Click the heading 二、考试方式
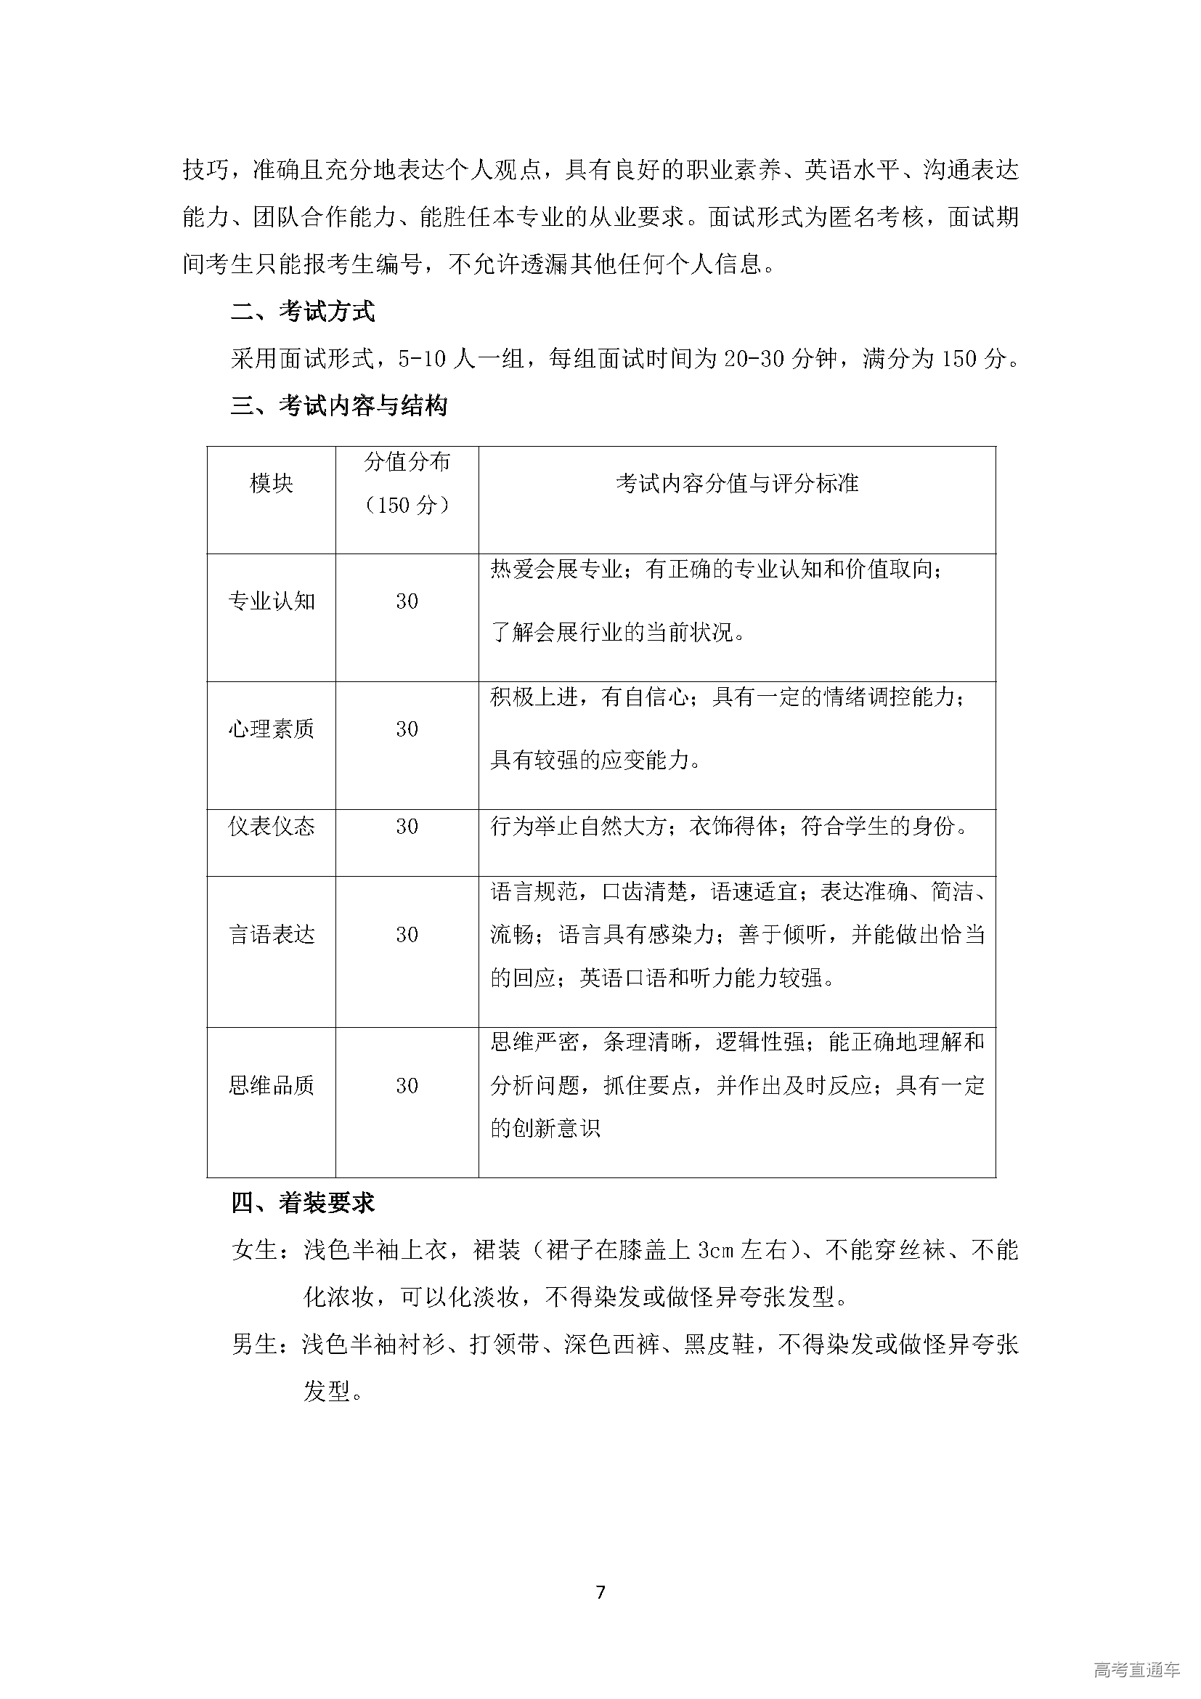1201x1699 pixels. coord(303,312)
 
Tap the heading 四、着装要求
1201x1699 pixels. coord(303,1203)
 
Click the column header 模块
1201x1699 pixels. coord(272,484)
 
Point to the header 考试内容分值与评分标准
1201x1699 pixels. coord(736,484)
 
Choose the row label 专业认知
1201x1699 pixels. coord(272,601)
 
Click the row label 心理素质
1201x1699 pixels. coord(272,729)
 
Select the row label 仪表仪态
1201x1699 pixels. coord(272,827)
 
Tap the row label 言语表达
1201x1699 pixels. coord(272,935)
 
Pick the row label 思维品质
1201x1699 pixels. coord(272,1085)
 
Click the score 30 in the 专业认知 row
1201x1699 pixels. coord(407,601)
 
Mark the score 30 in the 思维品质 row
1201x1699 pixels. coord(407,1085)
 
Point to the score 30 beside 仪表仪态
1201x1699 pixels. coord(407,827)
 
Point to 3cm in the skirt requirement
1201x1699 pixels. coord(715,1251)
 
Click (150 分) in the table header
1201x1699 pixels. coord(407,506)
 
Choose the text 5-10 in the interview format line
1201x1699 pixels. coord(423,359)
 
